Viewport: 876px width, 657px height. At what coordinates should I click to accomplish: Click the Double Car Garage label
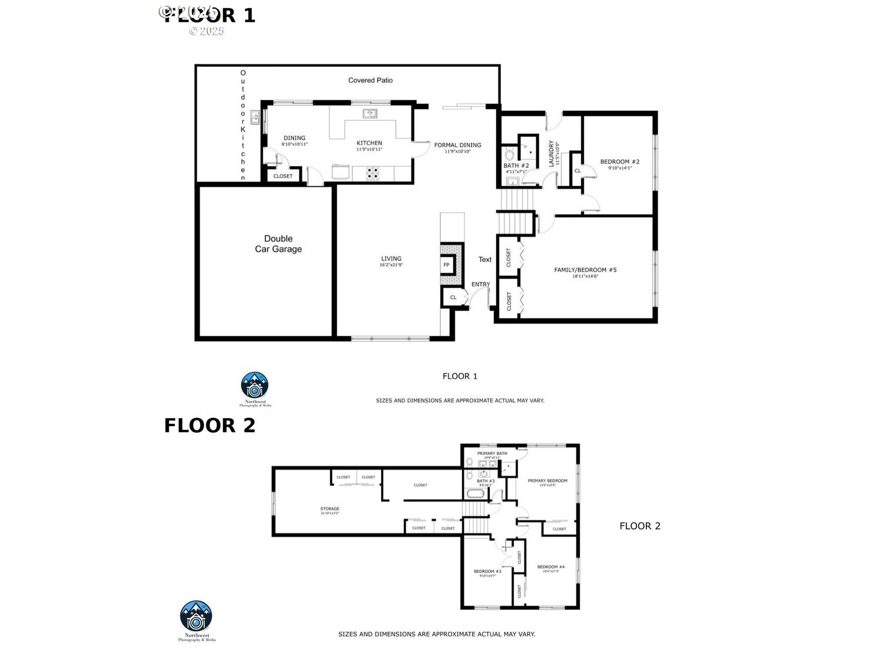coord(278,244)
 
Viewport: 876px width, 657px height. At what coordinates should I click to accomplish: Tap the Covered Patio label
coord(370,80)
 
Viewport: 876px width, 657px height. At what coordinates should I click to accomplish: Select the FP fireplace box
coord(446,265)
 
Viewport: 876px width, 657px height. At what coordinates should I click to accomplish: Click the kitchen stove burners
coord(373,173)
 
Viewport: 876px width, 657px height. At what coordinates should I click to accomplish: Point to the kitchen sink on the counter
coord(370,113)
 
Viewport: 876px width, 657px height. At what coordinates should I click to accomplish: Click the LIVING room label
coord(391,259)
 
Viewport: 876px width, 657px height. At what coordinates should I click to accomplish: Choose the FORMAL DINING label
coord(457,145)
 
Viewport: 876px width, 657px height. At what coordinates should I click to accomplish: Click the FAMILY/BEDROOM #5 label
coord(585,270)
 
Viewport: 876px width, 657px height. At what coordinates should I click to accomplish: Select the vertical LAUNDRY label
coord(551,153)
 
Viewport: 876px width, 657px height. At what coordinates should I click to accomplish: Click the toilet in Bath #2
coord(509,154)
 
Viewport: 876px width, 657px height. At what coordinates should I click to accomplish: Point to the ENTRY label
coord(480,284)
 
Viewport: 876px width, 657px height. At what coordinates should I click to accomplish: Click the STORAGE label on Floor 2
coord(329,509)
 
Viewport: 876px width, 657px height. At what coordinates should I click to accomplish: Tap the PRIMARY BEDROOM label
coord(547,481)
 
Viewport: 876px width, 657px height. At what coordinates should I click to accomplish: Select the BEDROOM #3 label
coord(487,571)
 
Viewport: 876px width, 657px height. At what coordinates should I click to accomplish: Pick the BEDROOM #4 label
coord(551,567)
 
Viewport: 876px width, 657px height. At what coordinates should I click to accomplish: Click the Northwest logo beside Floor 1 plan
coord(255,385)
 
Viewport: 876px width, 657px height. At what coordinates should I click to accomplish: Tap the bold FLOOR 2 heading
coord(210,426)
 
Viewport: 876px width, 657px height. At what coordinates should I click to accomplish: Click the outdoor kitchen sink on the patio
coord(255,117)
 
